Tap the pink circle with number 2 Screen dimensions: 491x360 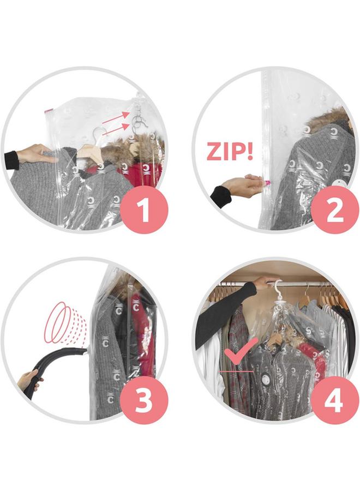[335, 211]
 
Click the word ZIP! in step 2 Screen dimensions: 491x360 [230, 151]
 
